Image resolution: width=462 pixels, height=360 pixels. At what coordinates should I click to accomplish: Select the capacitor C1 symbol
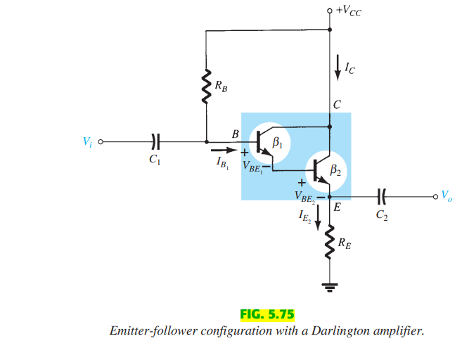coord(155,141)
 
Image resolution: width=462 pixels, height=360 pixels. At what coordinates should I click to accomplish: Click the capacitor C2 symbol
coord(382,197)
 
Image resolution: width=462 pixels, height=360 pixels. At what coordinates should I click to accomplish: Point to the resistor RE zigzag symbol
coord(329,243)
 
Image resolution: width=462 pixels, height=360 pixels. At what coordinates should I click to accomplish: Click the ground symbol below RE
coord(329,285)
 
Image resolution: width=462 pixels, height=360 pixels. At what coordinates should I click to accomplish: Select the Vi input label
coord(87,141)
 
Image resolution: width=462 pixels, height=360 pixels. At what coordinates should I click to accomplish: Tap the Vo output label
coord(447,197)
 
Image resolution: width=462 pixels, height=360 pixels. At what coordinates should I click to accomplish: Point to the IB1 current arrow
coord(223,149)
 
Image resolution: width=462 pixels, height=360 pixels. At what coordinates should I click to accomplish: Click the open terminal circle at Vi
coord(101,141)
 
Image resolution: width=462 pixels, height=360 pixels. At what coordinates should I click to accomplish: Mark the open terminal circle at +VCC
coord(330,11)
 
